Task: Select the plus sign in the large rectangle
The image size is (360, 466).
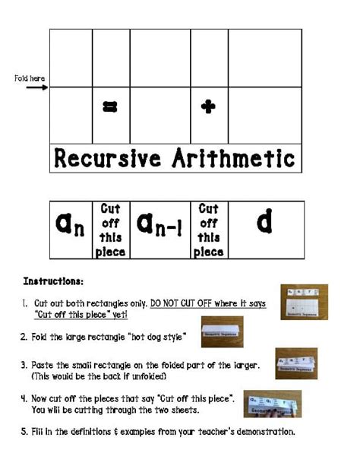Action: coord(208,107)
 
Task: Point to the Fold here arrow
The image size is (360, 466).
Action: coord(36,87)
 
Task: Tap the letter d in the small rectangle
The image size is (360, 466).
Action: coord(264,223)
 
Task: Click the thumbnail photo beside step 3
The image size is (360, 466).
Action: coord(295,363)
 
